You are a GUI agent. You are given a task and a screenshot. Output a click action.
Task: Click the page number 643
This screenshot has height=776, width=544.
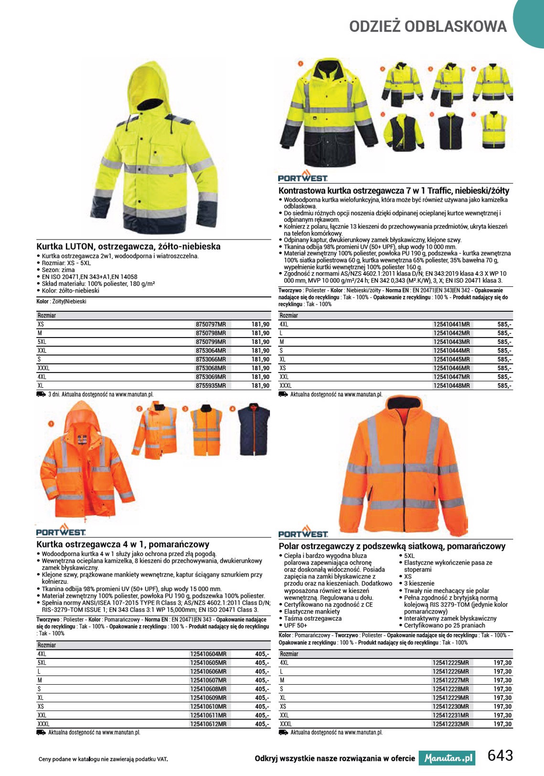click(x=500, y=755)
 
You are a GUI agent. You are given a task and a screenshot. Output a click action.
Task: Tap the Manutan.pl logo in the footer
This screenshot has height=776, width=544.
click(x=447, y=758)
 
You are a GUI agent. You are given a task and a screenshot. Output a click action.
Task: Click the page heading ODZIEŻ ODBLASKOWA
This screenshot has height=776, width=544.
click(x=428, y=27)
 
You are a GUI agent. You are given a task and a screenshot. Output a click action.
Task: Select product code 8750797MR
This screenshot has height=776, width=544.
click(x=211, y=324)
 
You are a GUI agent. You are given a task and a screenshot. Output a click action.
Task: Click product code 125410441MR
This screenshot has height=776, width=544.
click(x=451, y=324)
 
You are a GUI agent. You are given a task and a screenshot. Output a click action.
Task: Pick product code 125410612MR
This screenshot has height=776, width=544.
click(x=208, y=724)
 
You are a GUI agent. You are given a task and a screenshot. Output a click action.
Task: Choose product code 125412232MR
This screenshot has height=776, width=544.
click(x=450, y=724)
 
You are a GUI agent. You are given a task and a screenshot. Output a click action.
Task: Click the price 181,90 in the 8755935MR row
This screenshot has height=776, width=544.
click(x=260, y=385)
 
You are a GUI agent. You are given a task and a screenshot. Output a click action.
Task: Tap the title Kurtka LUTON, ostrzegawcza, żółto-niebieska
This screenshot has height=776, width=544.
click(x=128, y=247)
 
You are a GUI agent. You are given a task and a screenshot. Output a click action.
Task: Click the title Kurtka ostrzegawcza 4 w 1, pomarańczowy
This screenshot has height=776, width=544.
click(x=123, y=544)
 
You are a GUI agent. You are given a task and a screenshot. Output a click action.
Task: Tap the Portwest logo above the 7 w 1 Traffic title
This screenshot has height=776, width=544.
click(x=303, y=176)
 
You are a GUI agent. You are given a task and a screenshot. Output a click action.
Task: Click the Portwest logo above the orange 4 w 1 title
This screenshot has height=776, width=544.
click(x=61, y=530)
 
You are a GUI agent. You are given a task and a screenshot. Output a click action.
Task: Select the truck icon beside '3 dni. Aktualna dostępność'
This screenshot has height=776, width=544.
click(x=41, y=394)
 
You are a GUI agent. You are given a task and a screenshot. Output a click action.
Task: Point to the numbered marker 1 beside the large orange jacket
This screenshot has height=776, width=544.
click(x=51, y=424)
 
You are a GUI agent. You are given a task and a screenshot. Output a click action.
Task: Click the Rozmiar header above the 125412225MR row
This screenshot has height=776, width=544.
click(x=289, y=654)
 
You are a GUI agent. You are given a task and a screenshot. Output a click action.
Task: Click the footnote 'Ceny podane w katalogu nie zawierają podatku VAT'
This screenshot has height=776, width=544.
click(x=103, y=759)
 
